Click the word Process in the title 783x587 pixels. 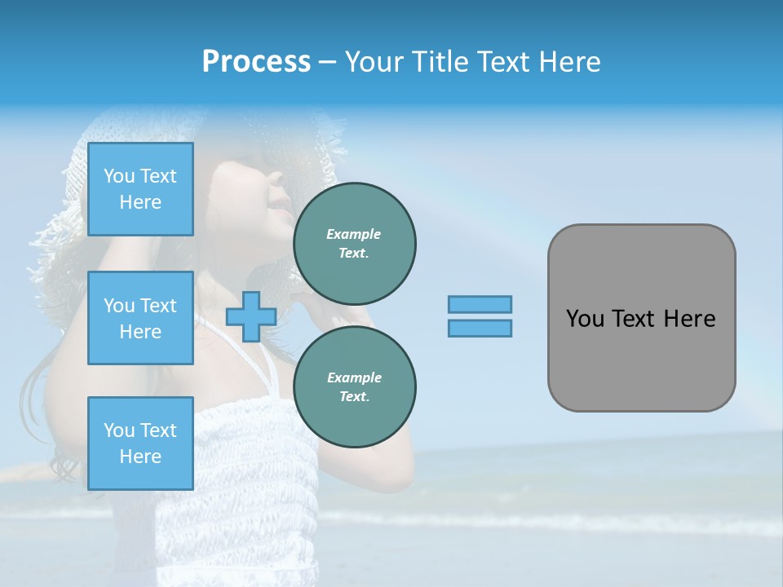coord(256,62)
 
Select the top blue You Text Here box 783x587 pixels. coord(140,189)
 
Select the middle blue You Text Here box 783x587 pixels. coord(140,318)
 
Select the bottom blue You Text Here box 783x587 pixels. coord(140,443)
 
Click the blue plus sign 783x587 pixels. coord(251,317)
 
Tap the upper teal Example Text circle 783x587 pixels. coord(355,244)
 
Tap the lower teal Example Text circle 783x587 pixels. coord(355,387)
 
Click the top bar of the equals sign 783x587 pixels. coord(480,304)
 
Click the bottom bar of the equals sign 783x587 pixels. coord(480,329)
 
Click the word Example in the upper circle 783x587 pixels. coord(354,234)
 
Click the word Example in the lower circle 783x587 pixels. coord(354,377)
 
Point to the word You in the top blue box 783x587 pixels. coord(118,176)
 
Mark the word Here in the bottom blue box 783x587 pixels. coord(140,457)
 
